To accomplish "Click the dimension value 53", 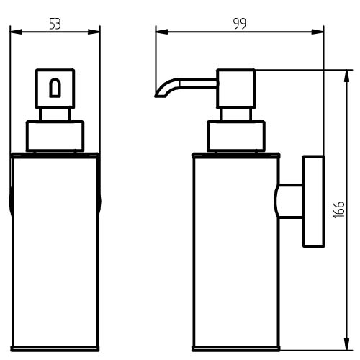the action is click(x=55, y=24).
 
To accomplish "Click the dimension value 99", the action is click(x=240, y=24).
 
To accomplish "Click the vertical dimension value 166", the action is click(x=339, y=210).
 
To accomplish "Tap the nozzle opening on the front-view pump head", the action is click(x=55, y=88).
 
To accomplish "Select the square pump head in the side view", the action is click(x=236, y=89).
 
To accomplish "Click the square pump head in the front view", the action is click(x=55, y=89).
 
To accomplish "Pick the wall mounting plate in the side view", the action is click(x=313, y=201).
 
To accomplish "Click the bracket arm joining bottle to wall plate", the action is click(x=289, y=201).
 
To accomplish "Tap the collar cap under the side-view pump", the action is click(x=236, y=136).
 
